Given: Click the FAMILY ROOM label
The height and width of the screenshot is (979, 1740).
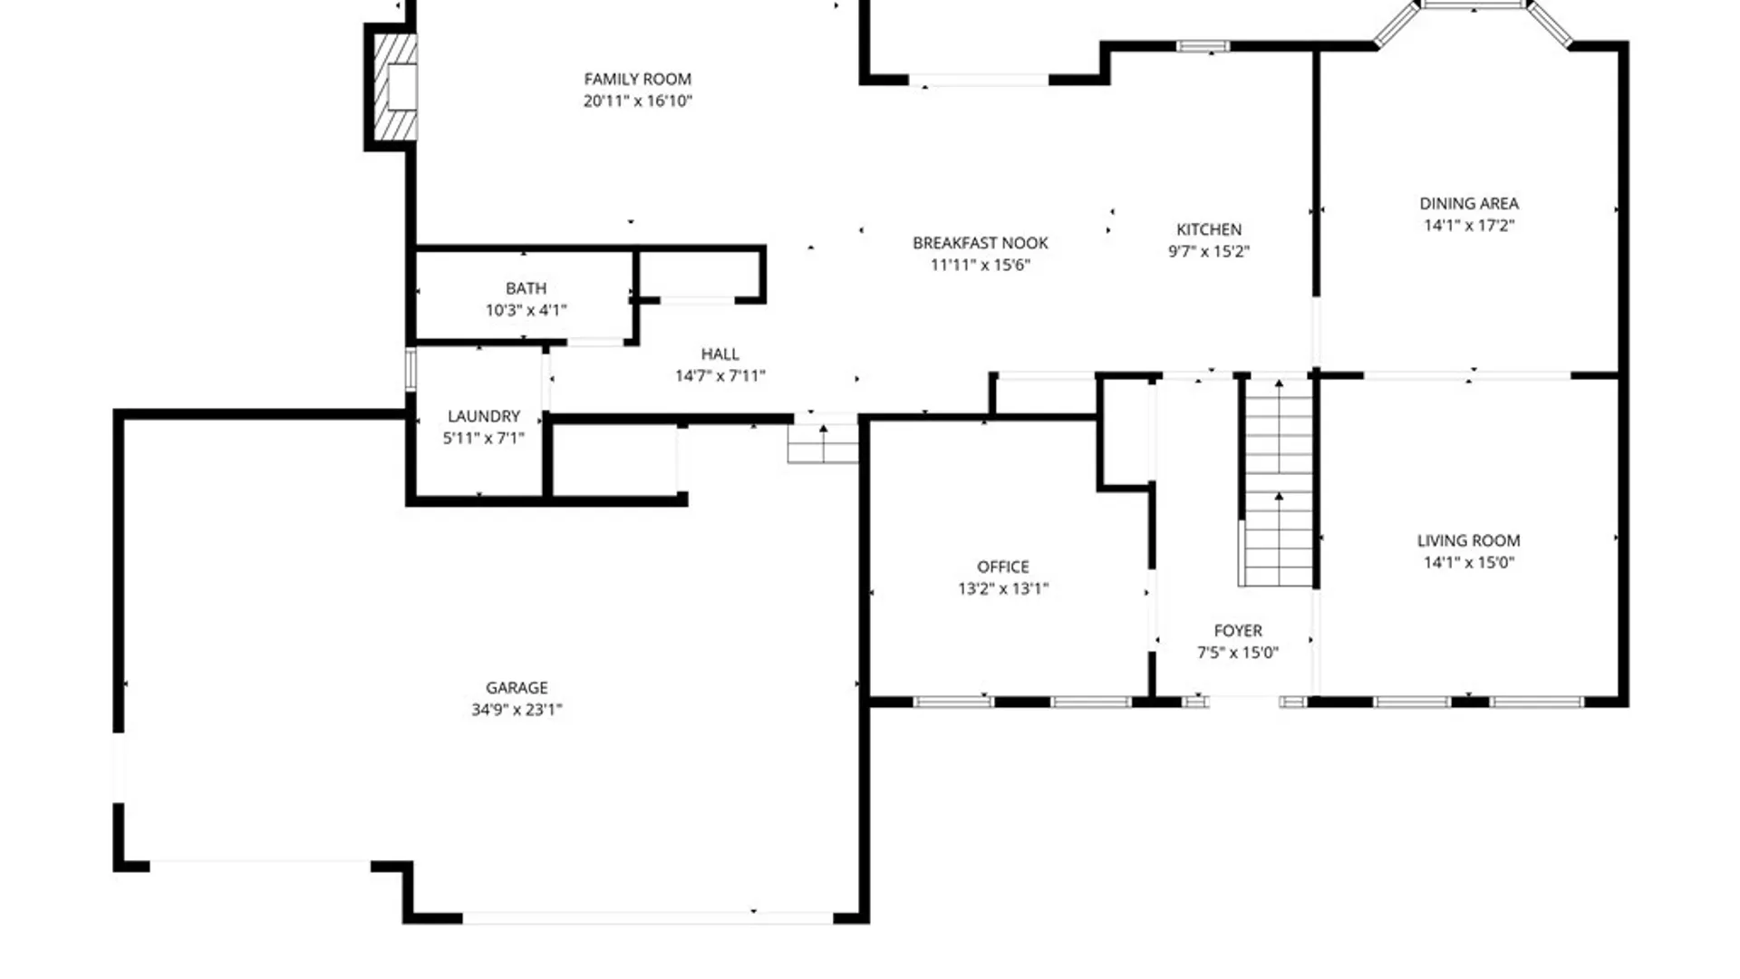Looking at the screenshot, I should pyautogui.click(x=637, y=80).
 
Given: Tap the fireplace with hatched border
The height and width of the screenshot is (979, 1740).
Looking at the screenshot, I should pyautogui.click(x=396, y=87).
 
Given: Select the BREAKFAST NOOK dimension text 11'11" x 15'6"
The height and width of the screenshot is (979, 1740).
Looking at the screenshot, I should pyautogui.click(x=980, y=265).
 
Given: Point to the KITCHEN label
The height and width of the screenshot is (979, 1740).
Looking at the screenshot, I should pyautogui.click(x=1209, y=229).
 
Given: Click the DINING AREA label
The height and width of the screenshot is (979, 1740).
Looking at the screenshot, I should pyautogui.click(x=1468, y=203).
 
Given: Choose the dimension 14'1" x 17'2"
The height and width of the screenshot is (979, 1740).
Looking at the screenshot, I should pyautogui.click(x=1468, y=225).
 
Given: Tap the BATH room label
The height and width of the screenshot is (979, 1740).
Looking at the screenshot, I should pyautogui.click(x=526, y=288).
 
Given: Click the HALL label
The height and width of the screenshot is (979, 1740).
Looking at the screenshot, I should pyautogui.click(x=720, y=354).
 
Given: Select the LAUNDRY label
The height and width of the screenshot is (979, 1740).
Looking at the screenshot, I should pyautogui.click(x=483, y=416).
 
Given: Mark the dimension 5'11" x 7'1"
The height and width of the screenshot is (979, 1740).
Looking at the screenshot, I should pyautogui.click(x=483, y=438).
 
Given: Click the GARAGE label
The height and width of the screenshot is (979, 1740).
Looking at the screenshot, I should pyautogui.click(x=516, y=688).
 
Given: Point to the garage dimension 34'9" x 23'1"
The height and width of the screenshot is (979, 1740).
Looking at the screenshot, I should pyautogui.click(x=516, y=710).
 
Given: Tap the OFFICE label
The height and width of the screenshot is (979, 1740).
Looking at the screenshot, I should pyautogui.click(x=1002, y=567).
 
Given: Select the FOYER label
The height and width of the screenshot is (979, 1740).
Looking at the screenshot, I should pyautogui.click(x=1237, y=630).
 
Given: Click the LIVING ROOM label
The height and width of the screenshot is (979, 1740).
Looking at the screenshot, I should pyautogui.click(x=1468, y=540).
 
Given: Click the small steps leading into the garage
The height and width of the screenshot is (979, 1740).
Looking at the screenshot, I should pyautogui.click(x=822, y=443).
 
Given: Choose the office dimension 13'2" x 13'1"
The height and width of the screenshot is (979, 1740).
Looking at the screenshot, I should pyautogui.click(x=1002, y=588).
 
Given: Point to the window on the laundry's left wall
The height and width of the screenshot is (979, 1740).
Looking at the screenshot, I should pyautogui.click(x=411, y=370).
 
